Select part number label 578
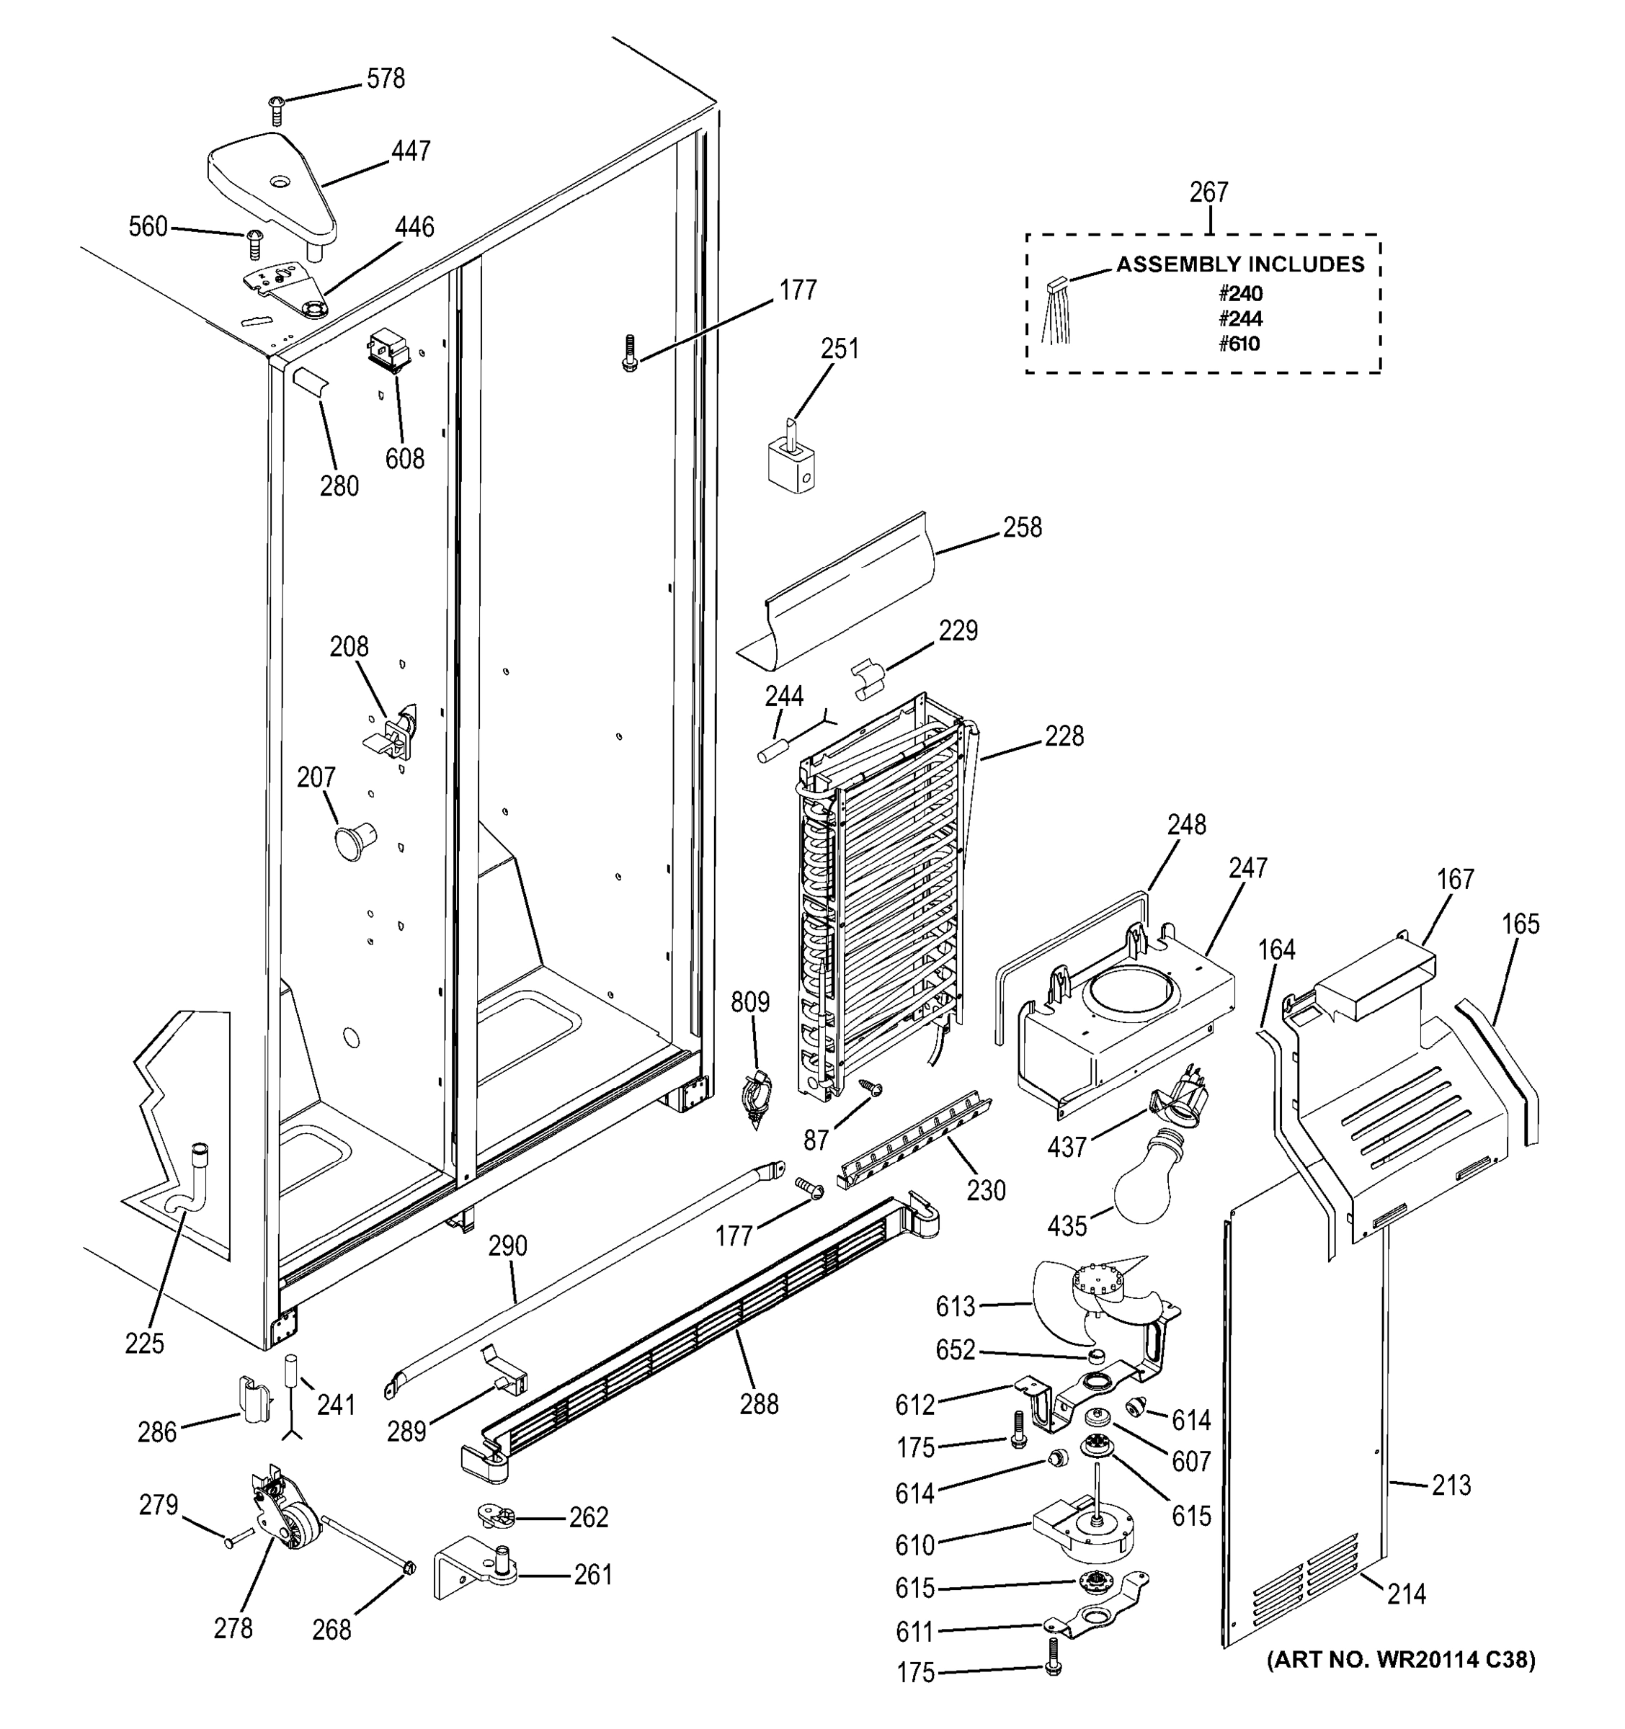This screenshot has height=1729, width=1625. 386,79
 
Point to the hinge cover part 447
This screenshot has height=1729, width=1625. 272,185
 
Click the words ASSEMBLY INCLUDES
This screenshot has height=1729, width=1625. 1239,264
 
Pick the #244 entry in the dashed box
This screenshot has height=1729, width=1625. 1239,318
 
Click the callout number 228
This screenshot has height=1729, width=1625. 1064,737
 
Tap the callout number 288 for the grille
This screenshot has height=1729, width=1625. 759,1403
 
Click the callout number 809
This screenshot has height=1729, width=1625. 750,1003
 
